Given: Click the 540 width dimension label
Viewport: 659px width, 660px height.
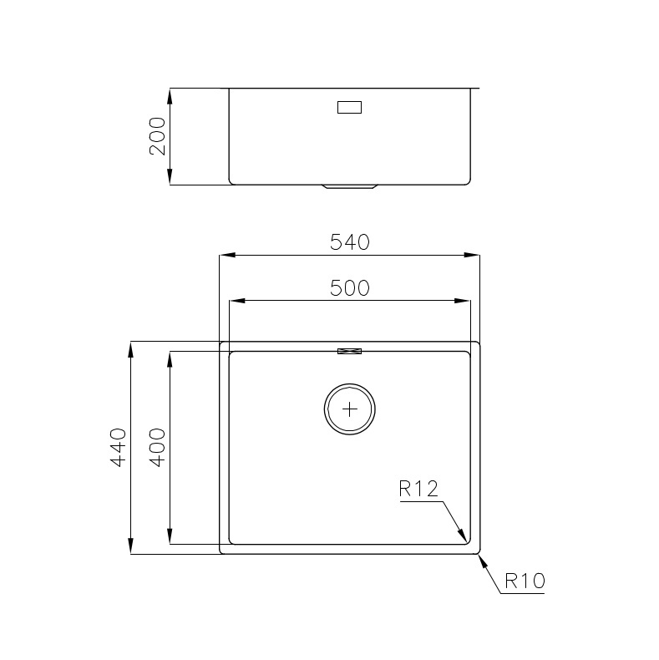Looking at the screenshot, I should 349,242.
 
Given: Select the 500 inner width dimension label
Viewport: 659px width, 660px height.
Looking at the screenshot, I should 349,288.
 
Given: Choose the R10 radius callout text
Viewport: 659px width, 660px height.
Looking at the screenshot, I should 525,580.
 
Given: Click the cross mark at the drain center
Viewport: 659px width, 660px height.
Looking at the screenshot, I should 350,409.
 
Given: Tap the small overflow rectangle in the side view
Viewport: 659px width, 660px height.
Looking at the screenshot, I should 349,107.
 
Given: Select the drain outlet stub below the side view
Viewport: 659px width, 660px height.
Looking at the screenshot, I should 349,187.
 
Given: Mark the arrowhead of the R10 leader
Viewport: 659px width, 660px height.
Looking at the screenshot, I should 481,559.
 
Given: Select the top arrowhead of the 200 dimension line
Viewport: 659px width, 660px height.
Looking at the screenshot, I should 170,94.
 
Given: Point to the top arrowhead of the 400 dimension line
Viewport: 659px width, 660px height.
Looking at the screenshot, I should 170,358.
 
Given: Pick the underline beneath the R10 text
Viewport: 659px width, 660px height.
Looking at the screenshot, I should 523,594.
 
